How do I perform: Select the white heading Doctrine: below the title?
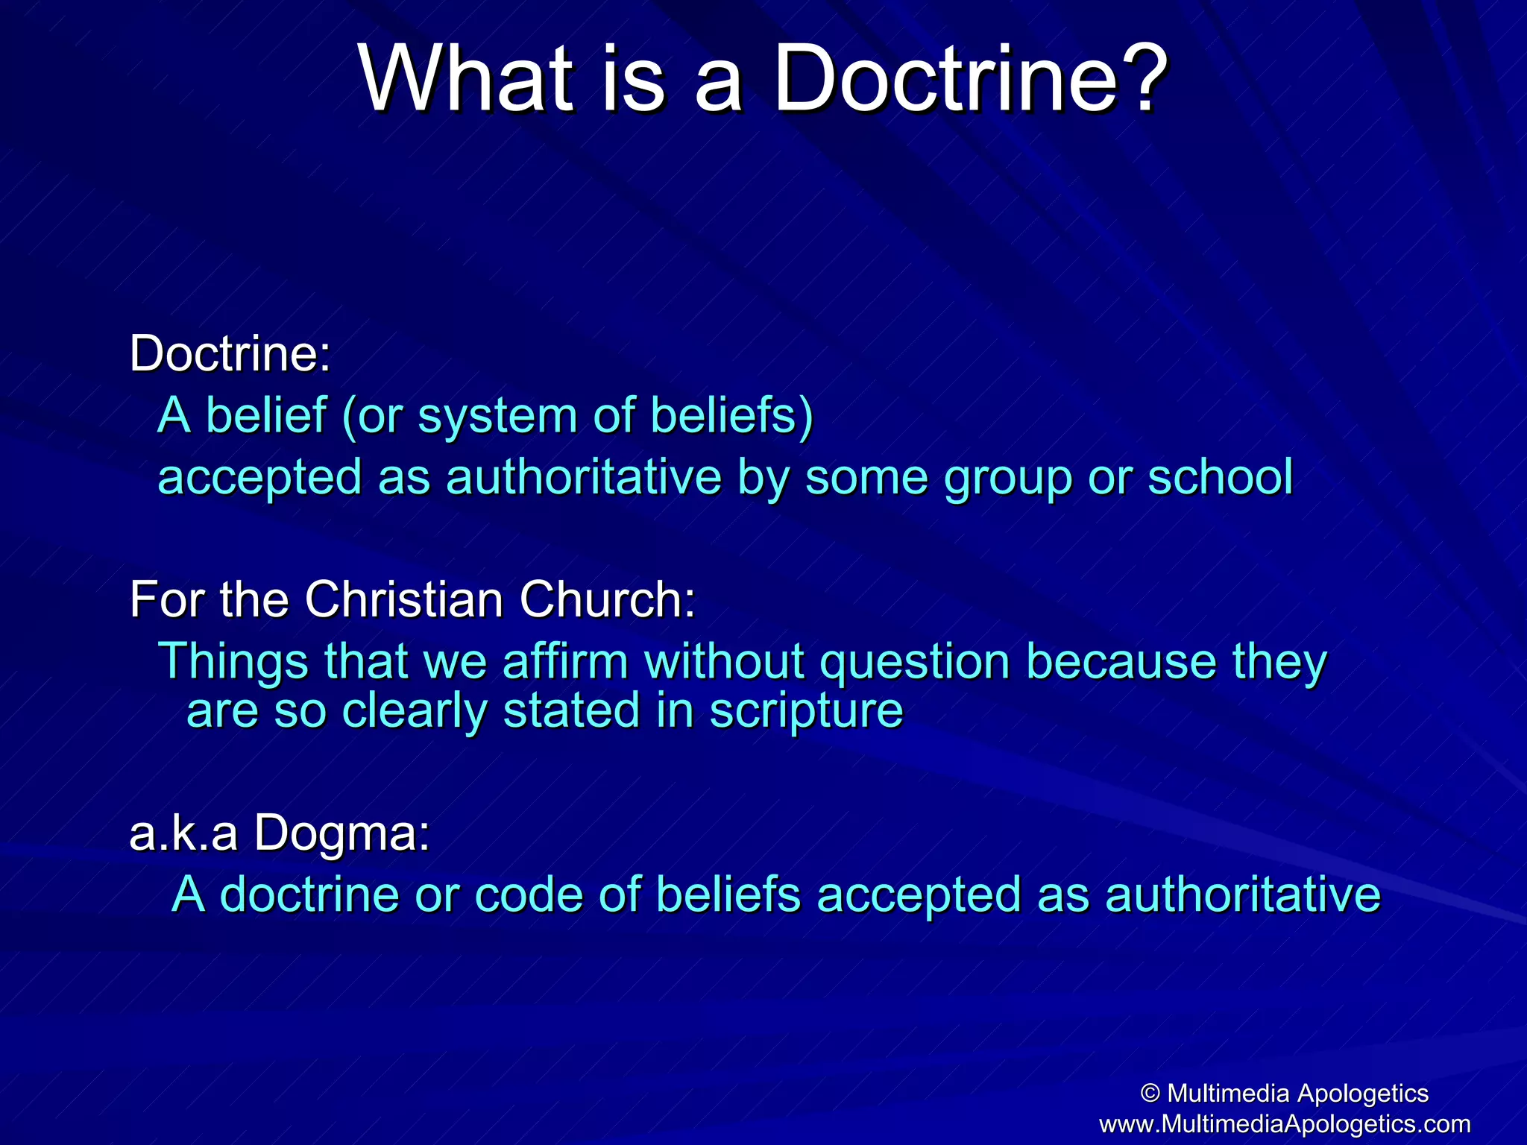(x=230, y=353)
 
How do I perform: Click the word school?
(x=1220, y=477)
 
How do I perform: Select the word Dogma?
(x=342, y=834)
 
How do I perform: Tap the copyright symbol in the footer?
(x=1150, y=1094)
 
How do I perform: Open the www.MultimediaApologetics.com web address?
(x=1285, y=1123)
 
